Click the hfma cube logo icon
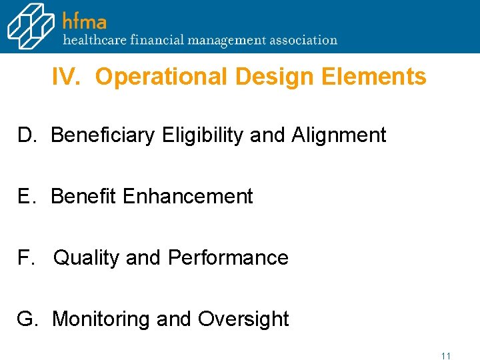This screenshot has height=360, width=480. [x=31, y=26]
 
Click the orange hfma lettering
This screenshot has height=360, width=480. [x=85, y=21]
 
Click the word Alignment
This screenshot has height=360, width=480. [x=338, y=135]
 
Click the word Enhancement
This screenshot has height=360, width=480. [x=188, y=197]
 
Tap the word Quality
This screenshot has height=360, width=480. [x=86, y=258]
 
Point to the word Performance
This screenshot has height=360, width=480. [x=228, y=258]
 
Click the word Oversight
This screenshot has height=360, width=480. [x=243, y=319]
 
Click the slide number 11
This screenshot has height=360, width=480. [x=446, y=356]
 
